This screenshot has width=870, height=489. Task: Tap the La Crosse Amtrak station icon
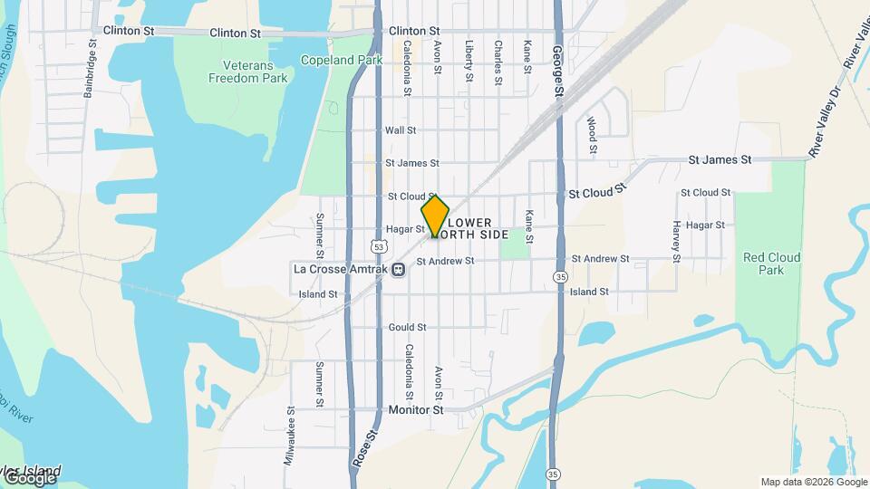coord(399,269)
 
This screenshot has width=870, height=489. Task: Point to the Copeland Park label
coord(342,61)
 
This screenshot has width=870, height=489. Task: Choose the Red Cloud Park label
coord(771,264)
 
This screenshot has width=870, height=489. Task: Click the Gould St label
coord(407,327)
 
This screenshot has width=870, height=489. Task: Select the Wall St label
coord(400,130)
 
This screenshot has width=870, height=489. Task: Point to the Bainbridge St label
coord(90,72)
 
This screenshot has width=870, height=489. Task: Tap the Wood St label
coord(592,133)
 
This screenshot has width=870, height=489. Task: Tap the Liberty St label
coord(469,61)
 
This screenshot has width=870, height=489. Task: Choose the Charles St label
coord(498,62)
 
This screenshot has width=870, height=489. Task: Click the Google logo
coord(30,477)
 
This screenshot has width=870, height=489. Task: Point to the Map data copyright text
coord(812,482)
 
